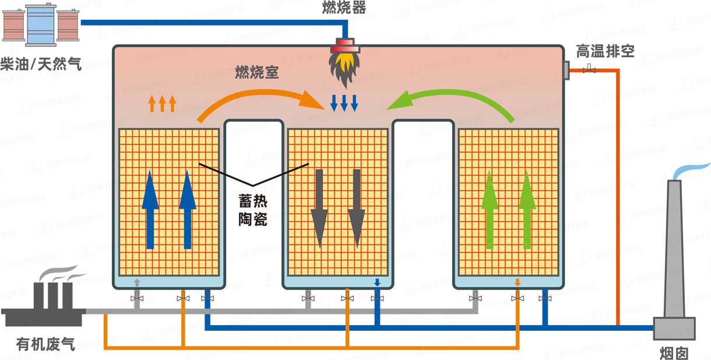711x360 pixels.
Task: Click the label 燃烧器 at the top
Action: coord(344,8)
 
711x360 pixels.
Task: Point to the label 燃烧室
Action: coord(257,73)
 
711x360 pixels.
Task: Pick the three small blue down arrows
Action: coord(344,103)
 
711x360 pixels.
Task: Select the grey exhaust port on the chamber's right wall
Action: coord(565,69)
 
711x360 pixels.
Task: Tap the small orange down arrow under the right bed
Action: coord(517,283)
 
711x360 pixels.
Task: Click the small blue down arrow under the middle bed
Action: coord(377,283)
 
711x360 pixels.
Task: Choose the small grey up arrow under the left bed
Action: coord(137,283)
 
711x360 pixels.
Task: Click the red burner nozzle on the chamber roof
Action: coord(344,45)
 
